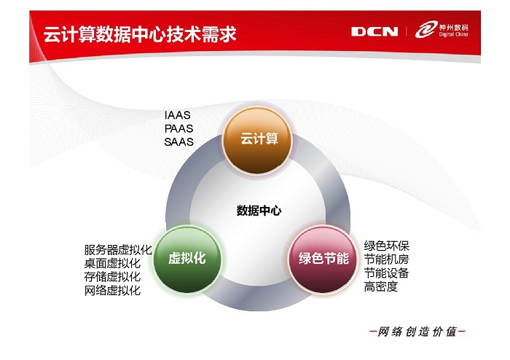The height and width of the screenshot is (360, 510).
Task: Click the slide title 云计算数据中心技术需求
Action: (140, 34)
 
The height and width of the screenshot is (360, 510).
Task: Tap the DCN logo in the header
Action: (374, 31)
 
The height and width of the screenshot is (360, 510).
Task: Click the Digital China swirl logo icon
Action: (426, 30)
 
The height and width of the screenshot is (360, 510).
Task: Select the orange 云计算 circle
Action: (258, 140)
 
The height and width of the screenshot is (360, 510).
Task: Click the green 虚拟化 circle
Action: (187, 259)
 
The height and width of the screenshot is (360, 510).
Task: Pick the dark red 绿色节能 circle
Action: (323, 259)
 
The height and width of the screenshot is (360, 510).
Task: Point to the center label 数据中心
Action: (259, 211)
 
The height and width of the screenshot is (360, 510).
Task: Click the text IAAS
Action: (177, 115)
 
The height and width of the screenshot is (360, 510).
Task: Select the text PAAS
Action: (178, 129)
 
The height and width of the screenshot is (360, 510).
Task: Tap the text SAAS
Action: (178, 142)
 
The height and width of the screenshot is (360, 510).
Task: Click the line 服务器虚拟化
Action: (118, 250)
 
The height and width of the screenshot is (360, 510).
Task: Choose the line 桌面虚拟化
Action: (112, 263)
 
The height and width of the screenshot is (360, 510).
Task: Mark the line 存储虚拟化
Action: (112, 277)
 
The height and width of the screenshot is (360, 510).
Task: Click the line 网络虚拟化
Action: (112, 291)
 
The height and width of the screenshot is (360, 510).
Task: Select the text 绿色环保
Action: (386, 246)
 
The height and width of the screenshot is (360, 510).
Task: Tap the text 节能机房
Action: (386, 259)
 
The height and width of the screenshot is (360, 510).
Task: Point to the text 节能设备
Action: (386, 273)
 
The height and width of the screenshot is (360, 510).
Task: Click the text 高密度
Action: (381, 286)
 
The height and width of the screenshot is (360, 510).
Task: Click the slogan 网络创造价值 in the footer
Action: (417, 332)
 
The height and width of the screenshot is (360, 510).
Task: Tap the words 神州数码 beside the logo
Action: (454, 27)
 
